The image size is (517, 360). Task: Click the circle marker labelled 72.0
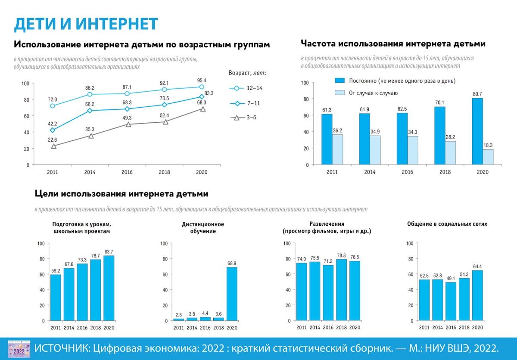click(53, 106)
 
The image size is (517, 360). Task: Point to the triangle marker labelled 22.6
click(53, 146)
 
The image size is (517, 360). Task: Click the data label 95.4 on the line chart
click(202, 80)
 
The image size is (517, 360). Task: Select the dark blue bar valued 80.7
click(477, 131)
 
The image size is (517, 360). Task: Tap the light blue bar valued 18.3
click(488, 157)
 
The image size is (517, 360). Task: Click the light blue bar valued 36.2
click(337, 149)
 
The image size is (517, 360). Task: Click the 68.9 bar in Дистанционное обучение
click(232, 294)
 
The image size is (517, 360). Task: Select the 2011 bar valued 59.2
click(56, 298)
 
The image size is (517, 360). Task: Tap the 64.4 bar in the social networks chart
click(477, 295)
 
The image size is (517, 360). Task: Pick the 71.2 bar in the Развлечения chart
click(328, 293)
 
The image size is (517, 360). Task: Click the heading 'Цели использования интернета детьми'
click(121, 194)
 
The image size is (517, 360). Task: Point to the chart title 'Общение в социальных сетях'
click(447, 224)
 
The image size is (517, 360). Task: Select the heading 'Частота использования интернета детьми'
click(393, 44)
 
